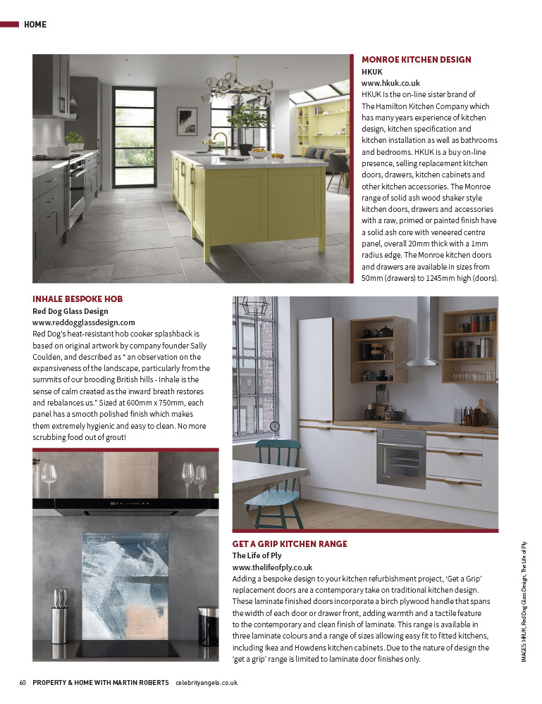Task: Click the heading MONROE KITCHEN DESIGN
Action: click(x=416, y=60)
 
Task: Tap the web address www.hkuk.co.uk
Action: click(x=390, y=82)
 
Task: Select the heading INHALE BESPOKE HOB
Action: click(x=78, y=299)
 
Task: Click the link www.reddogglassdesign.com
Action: click(x=84, y=322)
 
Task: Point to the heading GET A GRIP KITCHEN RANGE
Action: click(x=290, y=544)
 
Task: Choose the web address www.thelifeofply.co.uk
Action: click(x=272, y=567)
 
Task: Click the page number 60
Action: click(x=23, y=682)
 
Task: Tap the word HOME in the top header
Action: click(x=35, y=25)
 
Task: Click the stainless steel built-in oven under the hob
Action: click(x=401, y=457)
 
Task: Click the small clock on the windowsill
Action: click(x=274, y=426)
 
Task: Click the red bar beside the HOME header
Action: click(x=9, y=25)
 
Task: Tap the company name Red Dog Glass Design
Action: click(x=70, y=310)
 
